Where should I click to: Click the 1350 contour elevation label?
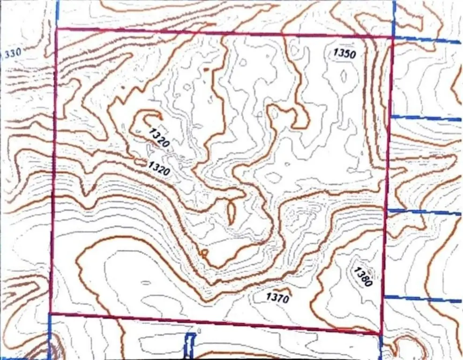[x=344, y=53]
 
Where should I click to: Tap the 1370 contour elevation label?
[x=277, y=297]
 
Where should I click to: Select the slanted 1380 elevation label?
[x=363, y=277]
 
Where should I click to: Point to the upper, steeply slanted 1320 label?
[x=158, y=137]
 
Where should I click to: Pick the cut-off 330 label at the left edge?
[x=12, y=52]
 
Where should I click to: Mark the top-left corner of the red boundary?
[x=56, y=30]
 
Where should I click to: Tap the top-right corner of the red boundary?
[x=392, y=37]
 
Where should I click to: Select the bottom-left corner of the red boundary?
[x=50, y=313]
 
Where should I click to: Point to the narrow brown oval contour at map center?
[x=231, y=212]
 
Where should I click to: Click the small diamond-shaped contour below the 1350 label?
[x=344, y=76]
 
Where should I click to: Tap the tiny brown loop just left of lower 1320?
[x=140, y=162]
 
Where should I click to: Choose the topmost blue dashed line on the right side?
[x=426, y=39]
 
